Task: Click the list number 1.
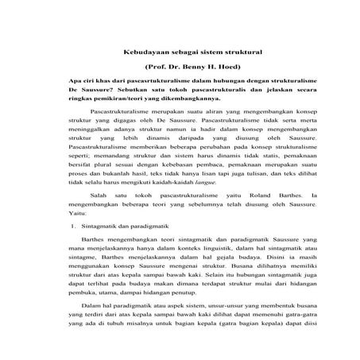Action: click(x=73, y=249)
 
